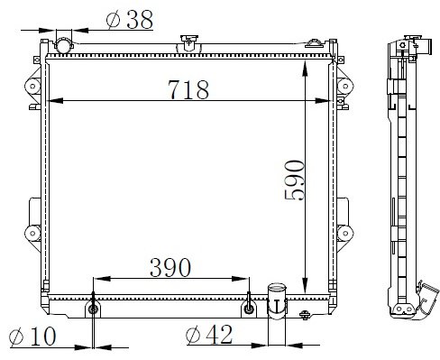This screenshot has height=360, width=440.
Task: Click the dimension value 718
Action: pyautogui.click(x=188, y=89)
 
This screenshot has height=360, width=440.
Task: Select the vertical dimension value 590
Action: pyautogui.click(x=295, y=180)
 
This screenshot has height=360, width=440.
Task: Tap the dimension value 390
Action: pyautogui.click(x=170, y=267)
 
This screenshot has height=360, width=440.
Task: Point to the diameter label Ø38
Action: pyautogui.click(x=130, y=20)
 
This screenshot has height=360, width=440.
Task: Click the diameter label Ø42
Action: pyautogui.click(x=209, y=334)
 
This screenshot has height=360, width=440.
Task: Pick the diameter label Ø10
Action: pyautogui.click(x=32, y=336)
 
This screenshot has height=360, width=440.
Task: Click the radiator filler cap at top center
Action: pyautogui.click(x=189, y=42)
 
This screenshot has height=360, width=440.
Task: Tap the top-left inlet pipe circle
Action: pyautogui.click(x=64, y=45)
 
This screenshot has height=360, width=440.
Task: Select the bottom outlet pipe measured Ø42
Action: pyautogui.click(x=277, y=300)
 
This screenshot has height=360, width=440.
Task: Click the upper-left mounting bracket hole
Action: pyautogui.click(x=32, y=87)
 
